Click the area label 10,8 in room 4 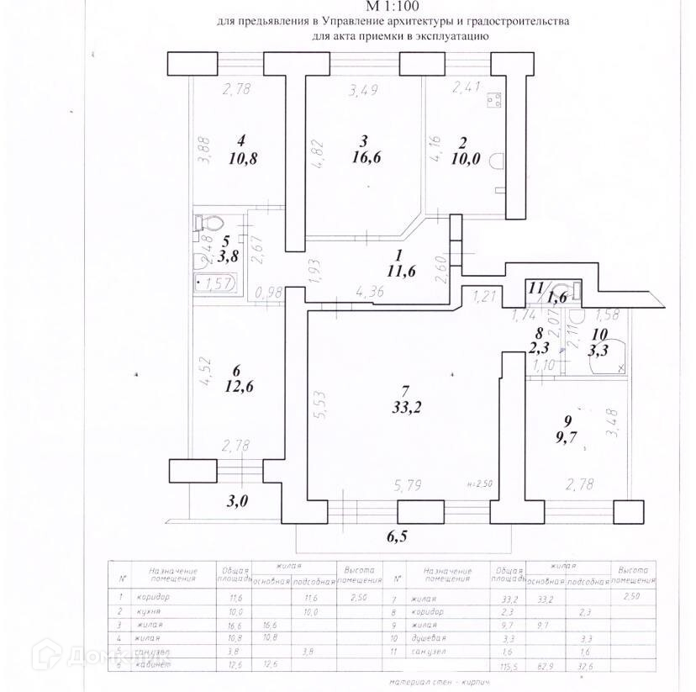click(241, 156)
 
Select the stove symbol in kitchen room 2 click(495, 99)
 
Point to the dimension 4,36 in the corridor click(371, 292)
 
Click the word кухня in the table click(161, 611)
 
